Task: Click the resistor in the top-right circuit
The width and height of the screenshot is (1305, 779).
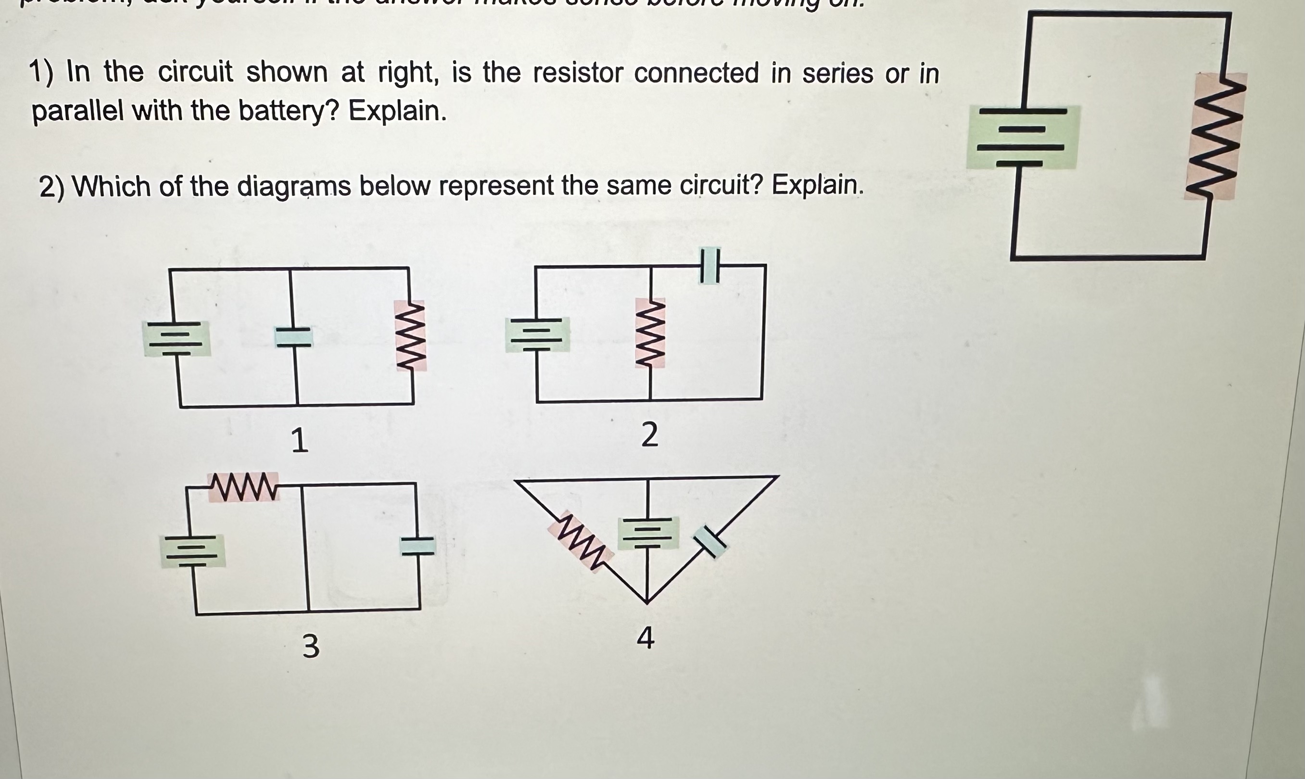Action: [1215, 136]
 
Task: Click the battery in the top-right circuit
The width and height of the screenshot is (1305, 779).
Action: [1023, 137]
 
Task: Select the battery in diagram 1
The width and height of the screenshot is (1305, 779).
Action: [177, 338]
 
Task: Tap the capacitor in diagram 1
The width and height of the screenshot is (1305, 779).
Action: [294, 336]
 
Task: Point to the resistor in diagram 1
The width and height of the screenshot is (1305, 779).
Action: [411, 335]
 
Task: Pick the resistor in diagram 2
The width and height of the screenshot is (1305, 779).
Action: [650, 333]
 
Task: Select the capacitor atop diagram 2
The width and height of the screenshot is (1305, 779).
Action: [710, 266]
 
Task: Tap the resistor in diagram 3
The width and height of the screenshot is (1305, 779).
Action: [243, 486]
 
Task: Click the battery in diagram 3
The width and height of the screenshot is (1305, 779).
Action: [192, 550]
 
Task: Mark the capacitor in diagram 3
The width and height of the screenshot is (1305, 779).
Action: [417, 546]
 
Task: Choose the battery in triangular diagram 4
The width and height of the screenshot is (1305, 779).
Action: [647, 533]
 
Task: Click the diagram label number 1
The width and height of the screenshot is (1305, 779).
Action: [299, 440]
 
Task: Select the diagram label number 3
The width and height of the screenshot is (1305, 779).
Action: [311, 646]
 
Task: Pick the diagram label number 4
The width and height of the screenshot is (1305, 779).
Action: [646, 639]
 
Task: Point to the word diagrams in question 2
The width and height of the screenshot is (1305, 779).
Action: [294, 187]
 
